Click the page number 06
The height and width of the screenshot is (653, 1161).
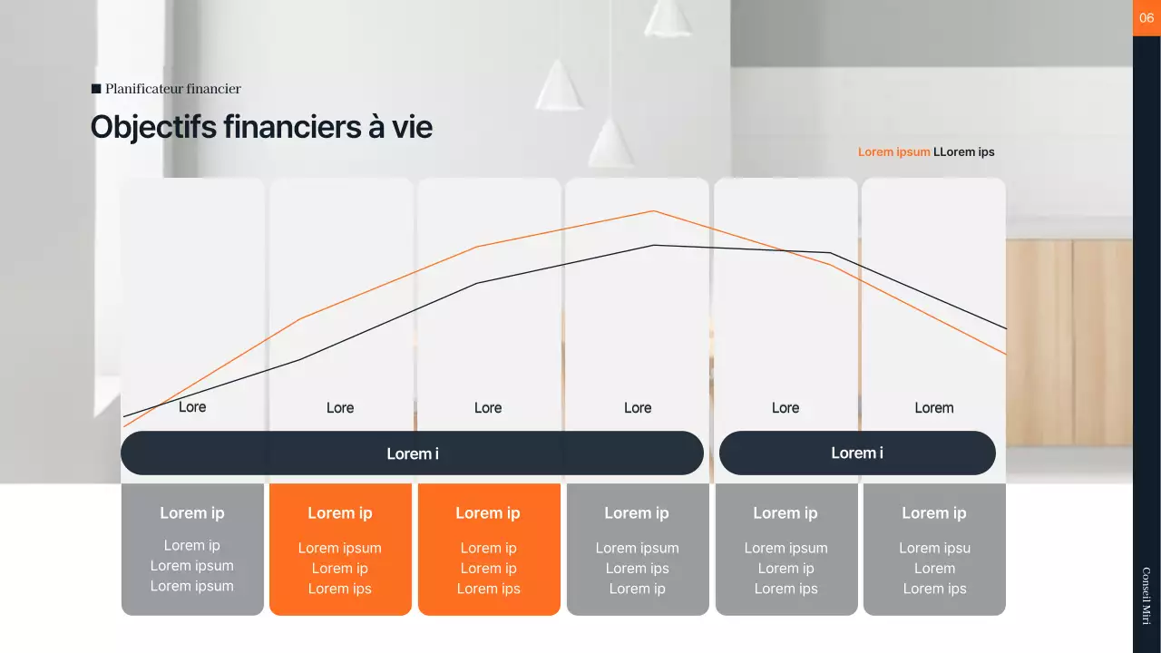(1146, 17)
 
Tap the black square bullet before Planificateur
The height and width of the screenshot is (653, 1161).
(96, 89)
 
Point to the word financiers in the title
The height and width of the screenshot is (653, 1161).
(291, 127)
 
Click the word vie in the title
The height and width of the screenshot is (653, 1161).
(412, 127)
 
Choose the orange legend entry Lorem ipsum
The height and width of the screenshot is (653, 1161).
(893, 151)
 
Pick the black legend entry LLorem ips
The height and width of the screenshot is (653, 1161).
(964, 151)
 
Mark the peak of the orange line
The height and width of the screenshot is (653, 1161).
(653, 211)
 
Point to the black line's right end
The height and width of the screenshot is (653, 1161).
(1005, 327)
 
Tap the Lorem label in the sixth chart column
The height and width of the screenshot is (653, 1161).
(933, 408)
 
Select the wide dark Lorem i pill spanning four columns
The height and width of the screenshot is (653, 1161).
(412, 453)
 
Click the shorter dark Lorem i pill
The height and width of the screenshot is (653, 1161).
(857, 453)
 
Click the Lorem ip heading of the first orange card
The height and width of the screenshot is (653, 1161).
(340, 513)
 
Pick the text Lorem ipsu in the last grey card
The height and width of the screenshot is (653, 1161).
(934, 548)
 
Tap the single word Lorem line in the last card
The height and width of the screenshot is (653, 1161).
(934, 569)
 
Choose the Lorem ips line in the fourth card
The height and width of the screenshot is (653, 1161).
(637, 569)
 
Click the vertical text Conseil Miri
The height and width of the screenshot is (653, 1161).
(1146, 596)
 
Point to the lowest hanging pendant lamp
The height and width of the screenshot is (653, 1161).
(611, 145)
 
